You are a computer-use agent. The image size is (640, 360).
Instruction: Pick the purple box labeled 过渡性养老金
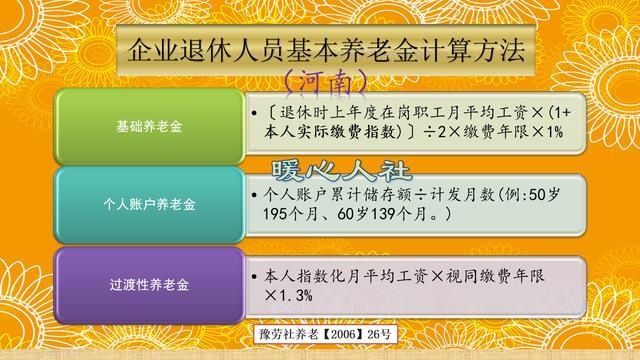coord(149,283)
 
